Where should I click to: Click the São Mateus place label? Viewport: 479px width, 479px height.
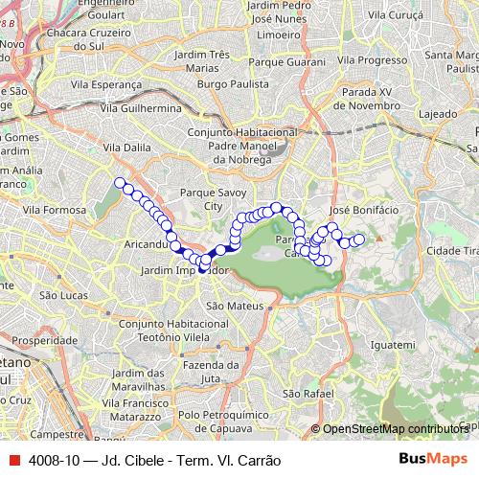click(228, 306)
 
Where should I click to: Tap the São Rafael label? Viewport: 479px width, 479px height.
click(308, 394)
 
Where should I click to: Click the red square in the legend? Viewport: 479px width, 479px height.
click(13, 460)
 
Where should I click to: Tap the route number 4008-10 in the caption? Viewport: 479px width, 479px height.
click(56, 460)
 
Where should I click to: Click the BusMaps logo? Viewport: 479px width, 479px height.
click(432, 459)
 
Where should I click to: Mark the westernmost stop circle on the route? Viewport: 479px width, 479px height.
click(120, 182)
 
